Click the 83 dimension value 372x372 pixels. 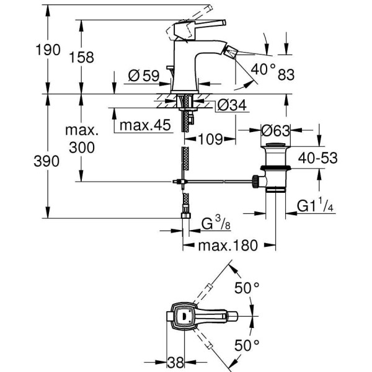pyautogui.click(x=286, y=76)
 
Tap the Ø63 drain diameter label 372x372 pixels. pyautogui.click(x=275, y=131)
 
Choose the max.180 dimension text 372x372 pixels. pyautogui.click(x=227, y=246)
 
